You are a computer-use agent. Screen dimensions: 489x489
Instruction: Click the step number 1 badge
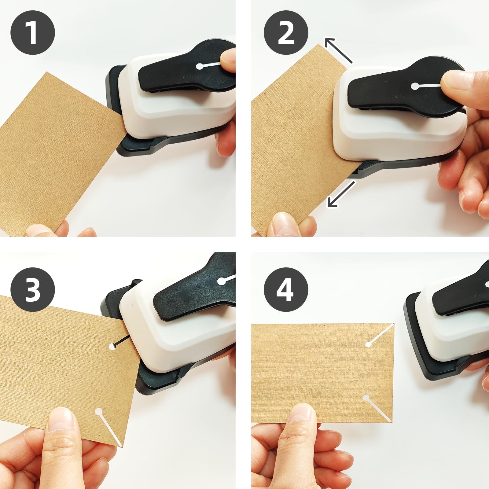33,32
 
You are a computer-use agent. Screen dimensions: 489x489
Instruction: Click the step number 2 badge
286,32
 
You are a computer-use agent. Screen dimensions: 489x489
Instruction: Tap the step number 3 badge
33,289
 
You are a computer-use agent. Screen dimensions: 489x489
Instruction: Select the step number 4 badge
286,289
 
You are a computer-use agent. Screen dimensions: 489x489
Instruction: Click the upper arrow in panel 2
338,50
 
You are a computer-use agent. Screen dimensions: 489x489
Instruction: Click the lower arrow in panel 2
341,194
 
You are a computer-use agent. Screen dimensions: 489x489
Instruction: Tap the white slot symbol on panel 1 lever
208,65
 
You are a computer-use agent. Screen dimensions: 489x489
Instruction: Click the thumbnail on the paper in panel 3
63,420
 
